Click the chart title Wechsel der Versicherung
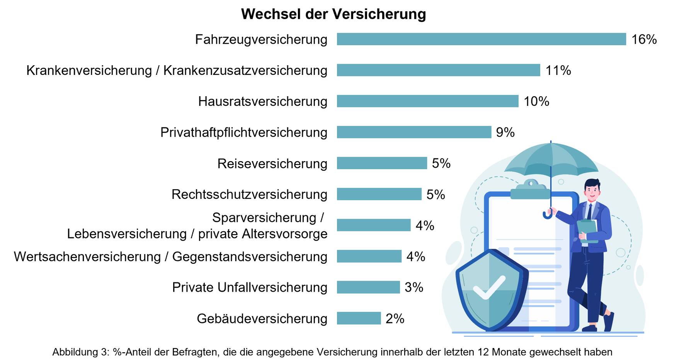(x=333, y=14)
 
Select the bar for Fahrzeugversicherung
(x=481, y=39)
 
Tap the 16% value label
(x=644, y=39)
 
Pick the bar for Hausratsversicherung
(x=427, y=101)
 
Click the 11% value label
(x=558, y=70)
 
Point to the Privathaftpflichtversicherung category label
(x=244, y=132)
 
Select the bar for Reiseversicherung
(x=382, y=163)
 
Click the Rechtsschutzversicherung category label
(x=249, y=194)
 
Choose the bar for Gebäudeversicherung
(x=359, y=318)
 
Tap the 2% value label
(x=395, y=319)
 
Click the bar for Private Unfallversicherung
(x=368, y=287)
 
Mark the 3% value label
(x=414, y=287)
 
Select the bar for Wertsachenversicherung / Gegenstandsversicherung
(x=369, y=256)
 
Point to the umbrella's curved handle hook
(x=547, y=214)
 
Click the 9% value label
(x=505, y=132)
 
